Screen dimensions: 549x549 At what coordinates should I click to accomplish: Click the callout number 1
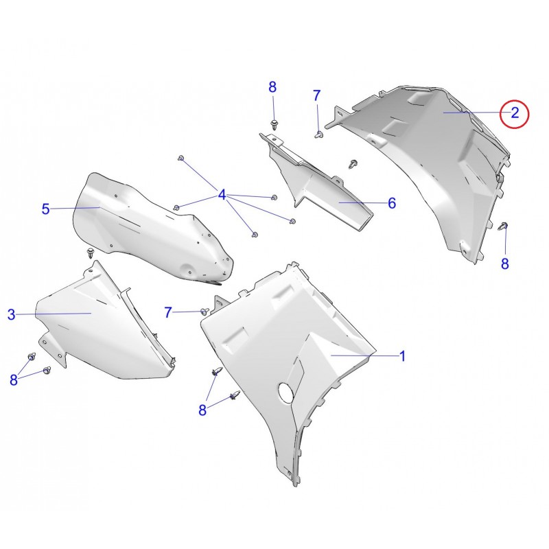pos(403,356)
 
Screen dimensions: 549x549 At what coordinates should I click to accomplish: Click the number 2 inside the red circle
pos(515,113)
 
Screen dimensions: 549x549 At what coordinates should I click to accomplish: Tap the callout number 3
pos(12,314)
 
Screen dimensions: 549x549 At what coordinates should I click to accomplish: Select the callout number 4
pos(222,195)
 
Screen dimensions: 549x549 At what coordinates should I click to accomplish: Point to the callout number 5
pos(46,209)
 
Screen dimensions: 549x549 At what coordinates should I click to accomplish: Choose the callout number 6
pos(392,203)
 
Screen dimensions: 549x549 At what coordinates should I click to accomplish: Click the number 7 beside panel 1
pos(168,312)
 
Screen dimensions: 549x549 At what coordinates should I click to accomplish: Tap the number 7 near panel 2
pos(316,95)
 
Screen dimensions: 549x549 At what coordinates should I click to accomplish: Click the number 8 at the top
pos(272,87)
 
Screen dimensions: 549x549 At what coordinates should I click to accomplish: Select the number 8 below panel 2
pos(505,264)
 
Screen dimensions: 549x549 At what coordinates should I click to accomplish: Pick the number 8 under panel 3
pos(14,379)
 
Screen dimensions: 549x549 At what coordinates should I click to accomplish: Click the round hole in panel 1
pos(287,392)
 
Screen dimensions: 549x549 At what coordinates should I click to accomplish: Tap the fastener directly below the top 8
pos(274,125)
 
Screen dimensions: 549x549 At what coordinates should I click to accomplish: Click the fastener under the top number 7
pos(318,134)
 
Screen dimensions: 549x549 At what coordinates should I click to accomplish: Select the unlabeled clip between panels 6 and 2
pos(353,164)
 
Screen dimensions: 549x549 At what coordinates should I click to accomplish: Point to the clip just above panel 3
pos(91,253)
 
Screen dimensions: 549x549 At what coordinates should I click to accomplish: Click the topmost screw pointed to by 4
pos(181,158)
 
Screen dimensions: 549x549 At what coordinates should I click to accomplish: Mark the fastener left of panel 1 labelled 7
pos(205,311)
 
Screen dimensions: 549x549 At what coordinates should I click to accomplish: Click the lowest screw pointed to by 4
pos(255,234)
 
